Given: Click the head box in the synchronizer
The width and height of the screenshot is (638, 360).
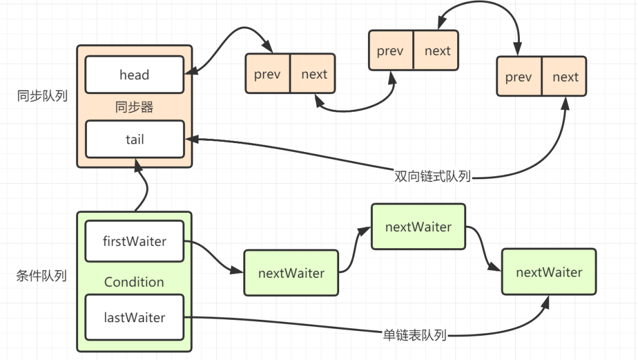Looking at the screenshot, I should click(134, 75).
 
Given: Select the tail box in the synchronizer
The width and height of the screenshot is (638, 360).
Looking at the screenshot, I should click(134, 140).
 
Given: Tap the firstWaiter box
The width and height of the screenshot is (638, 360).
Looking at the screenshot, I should click(134, 241).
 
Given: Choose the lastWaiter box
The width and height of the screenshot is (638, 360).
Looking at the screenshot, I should click(134, 317).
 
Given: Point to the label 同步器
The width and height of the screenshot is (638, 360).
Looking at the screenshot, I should click(134, 108).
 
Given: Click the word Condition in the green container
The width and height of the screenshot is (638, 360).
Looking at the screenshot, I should click(134, 282).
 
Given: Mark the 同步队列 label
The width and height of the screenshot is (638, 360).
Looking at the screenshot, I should click(41, 96).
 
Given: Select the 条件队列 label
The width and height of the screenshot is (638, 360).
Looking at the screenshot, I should click(41, 276).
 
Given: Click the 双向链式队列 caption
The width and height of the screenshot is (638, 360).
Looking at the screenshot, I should click(432, 176).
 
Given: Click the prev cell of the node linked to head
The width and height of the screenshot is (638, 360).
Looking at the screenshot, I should click(267, 74).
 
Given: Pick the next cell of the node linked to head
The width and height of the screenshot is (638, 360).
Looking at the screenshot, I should click(314, 74).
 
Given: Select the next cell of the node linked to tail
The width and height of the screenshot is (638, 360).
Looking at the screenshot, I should click(565, 77).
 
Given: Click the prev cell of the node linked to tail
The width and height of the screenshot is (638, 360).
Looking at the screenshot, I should click(519, 77).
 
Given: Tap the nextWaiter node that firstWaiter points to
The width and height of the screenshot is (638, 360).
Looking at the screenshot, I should click(291, 273).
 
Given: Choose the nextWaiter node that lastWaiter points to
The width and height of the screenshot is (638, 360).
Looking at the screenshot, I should click(549, 272).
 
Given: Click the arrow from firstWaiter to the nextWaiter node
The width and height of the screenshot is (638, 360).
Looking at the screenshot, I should click(213, 256).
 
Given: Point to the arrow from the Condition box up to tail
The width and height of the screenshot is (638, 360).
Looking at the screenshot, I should click(142, 186).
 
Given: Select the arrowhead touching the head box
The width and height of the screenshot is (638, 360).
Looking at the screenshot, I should click(190, 72).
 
